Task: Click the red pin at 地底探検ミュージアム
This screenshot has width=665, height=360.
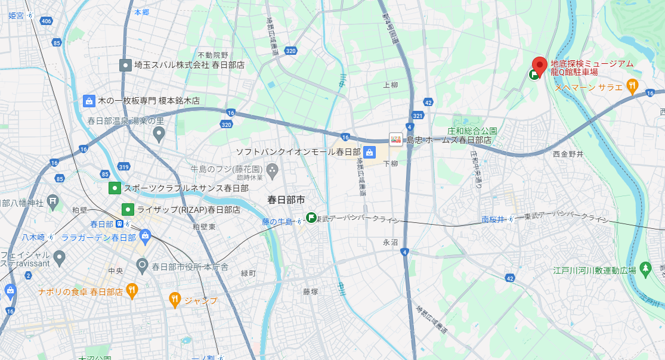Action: click(540, 66)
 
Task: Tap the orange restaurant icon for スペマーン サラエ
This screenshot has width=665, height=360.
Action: click(632, 87)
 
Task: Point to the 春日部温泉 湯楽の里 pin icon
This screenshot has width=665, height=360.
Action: click(159, 135)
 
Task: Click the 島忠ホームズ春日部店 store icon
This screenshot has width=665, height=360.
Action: click(395, 139)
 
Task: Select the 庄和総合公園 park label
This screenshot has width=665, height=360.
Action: click(472, 131)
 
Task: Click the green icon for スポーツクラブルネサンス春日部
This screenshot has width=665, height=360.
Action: click(114, 188)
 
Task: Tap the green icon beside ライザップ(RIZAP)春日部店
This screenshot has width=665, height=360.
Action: click(128, 209)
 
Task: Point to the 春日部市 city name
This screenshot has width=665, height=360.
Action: click(286, 199)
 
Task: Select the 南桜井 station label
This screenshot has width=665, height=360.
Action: click(493, 220)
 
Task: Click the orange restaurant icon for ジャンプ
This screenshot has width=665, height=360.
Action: click(175, 300)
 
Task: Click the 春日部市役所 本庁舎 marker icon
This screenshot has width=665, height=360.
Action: click(142, 264)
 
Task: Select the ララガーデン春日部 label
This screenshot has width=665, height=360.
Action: click(98, 237)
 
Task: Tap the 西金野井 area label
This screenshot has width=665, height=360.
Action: click(568, 154)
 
